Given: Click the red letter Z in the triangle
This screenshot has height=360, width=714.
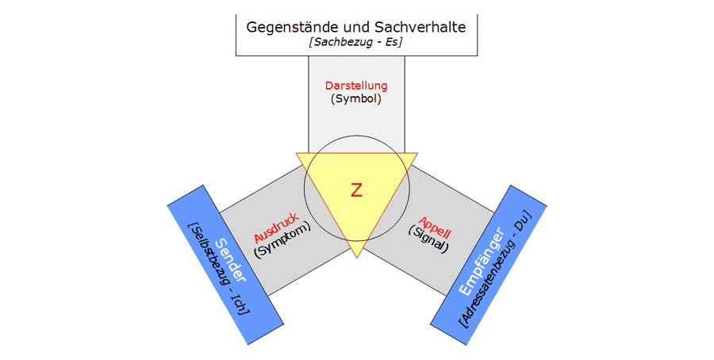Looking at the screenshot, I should coord(356,190).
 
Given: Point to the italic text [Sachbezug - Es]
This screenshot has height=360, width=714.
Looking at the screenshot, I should coord(356,43).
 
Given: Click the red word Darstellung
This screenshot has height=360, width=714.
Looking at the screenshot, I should coord(356,86).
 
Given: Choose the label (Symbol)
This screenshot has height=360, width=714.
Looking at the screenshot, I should coord(356,99).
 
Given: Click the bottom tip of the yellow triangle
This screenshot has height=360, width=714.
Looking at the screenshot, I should coord(356,257).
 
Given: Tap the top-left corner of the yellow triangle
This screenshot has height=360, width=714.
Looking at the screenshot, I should coord(297,153).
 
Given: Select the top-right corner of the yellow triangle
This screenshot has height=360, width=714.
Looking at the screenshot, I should coord(416,153).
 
